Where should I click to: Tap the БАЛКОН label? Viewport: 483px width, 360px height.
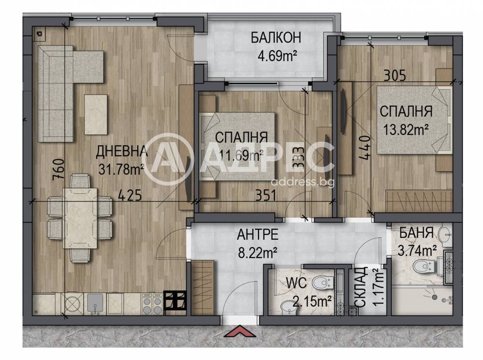[x=276, y=38]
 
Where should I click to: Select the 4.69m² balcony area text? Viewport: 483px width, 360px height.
[x=277, y=56]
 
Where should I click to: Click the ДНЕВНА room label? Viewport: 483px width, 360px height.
[x=121, y=151]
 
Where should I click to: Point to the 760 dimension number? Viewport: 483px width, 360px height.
[x=58, y=170]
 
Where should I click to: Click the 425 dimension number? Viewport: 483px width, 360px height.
[x=130, y=195]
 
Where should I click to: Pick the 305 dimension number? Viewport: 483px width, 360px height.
[x=395, y=75]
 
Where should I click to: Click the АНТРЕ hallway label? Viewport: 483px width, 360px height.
[x=257, y=234]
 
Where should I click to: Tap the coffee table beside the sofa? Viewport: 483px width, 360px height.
[x=96, y=115]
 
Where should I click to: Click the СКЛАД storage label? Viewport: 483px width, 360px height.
[x=361, y=287]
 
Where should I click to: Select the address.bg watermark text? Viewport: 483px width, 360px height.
[x=304, y=182]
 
